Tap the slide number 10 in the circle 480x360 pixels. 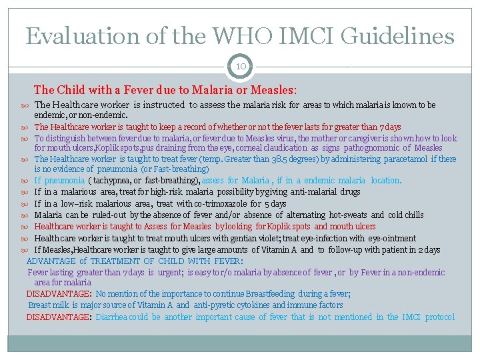pos(240,66)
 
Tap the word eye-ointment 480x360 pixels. pos(391,238)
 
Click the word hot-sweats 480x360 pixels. pos(347,215)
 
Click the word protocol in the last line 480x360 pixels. pos(439,317)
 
